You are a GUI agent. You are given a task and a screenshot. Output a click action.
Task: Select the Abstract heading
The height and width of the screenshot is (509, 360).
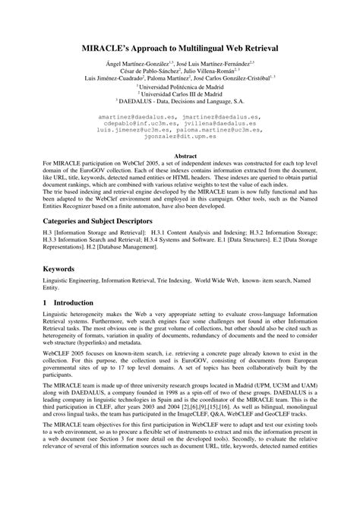coord(180,153)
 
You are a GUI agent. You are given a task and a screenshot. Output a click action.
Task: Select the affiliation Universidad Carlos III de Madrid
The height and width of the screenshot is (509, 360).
coord(181,93)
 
